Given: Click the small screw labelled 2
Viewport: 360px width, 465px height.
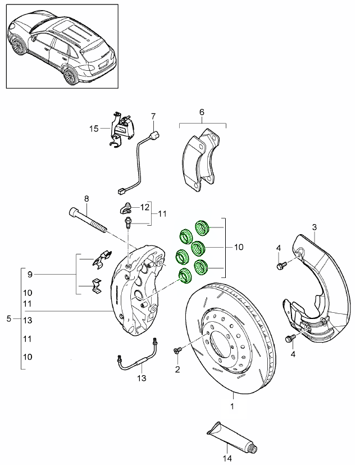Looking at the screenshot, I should (x=178, y=351).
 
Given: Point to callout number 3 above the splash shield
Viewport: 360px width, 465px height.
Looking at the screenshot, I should (x=314, y=227).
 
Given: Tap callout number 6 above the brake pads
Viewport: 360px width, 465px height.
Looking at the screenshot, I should (x=202, y=112).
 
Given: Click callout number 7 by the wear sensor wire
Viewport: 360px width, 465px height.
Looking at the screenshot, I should (x=152, y=116).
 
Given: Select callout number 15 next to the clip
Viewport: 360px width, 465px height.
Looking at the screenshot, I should (x=94, y=129).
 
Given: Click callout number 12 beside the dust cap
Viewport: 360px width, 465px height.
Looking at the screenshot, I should (x=145, y=207).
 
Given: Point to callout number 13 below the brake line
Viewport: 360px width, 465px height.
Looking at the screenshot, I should (x=142, y=378).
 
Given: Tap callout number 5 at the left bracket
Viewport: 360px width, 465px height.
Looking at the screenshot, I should (x=8, y=319).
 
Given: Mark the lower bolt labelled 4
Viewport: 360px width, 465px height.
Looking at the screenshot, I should (x=290, y=338).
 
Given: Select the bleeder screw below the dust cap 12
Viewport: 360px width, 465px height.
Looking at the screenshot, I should (x=128, y=222).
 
